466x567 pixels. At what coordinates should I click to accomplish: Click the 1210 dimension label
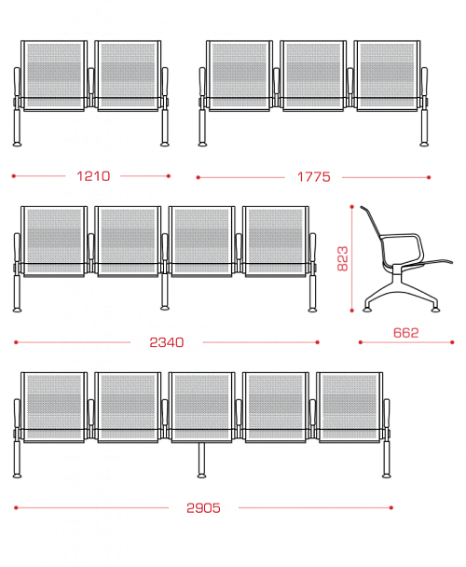[x=93, y=176]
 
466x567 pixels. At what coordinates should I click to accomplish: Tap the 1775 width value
[x=313, y=177]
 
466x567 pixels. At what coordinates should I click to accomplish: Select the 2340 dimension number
[x=167, y=342]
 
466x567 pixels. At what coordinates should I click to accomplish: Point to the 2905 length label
[x=203, y=508]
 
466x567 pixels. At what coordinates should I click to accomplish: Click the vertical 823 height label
[x=342, y=258]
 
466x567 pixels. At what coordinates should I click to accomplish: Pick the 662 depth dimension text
[x=405, y=333]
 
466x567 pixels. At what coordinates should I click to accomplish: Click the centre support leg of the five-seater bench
[x=201, y=460]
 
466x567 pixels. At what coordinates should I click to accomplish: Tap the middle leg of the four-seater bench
[x=164, y=292]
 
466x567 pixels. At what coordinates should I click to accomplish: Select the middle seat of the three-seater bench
[x=313, y=76]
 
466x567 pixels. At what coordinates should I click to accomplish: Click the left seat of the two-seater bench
[x=54, y=76]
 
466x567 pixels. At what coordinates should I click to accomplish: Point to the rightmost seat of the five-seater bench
[x=349, y=408]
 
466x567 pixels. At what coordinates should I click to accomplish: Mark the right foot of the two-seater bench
[x=164, y=145]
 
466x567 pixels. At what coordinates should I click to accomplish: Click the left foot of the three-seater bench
[x=202, y=145]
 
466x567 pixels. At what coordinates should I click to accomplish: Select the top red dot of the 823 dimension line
[x=351, y=207]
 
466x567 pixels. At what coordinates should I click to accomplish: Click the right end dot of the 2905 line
[x=391, y=507]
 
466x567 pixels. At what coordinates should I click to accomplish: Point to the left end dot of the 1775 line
[x=199, y=177]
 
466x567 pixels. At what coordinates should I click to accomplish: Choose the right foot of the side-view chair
[x=435, y=310]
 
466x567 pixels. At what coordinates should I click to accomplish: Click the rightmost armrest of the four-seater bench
[x=313, y=250]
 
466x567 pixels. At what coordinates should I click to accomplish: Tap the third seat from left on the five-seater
[x=201, y=408]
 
